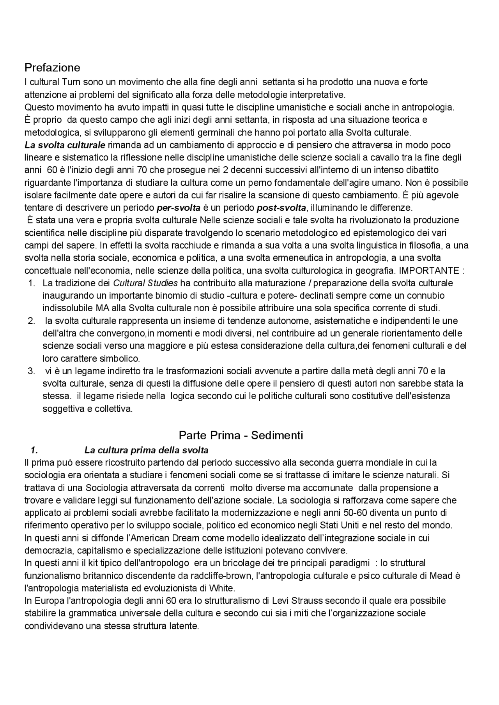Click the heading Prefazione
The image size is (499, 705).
pos(52,68)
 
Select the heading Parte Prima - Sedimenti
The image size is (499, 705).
pos(241,435)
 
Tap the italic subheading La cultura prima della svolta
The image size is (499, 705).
pos(146,450)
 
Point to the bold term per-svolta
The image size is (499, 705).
pos(179,208)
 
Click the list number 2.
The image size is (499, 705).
pos(32,321)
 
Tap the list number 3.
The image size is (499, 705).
pos(32,371)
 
